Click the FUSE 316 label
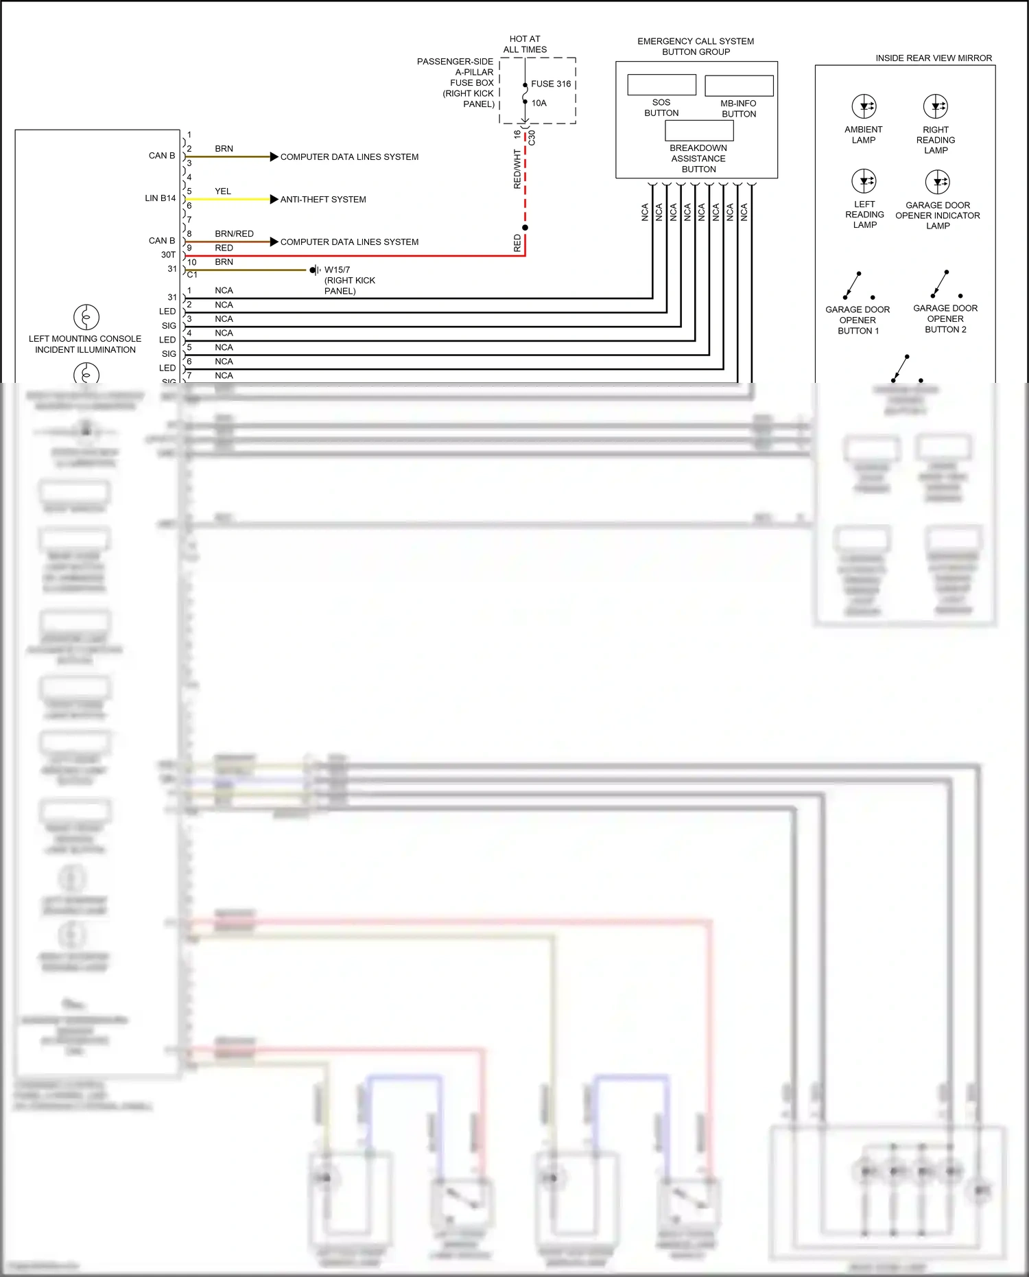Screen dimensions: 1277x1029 [550, 84]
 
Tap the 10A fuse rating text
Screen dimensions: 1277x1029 [539, 103]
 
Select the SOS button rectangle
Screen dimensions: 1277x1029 [661, 84]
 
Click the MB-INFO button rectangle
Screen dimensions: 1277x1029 [739, 86]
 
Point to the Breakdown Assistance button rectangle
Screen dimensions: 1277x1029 [699, 130]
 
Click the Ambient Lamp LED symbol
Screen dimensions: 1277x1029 [864, 106]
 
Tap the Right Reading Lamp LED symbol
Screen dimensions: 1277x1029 [936, 106]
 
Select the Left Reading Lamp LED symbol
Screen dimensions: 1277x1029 [864, 181]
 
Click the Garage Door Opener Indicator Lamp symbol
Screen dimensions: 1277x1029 [937, 182]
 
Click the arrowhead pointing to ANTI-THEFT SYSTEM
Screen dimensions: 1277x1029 [274, 199]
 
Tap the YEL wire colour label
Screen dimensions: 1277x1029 [223, 191]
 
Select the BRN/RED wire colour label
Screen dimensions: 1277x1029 [234, 234]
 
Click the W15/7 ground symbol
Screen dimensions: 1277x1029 [314, 270]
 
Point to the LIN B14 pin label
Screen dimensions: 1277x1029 [160, 198]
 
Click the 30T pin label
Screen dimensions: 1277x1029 [168, 255]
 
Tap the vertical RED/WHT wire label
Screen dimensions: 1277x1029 [517, 169]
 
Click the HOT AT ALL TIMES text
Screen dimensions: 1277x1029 [525, 44]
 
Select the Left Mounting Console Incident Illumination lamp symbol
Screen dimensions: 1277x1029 [86, 317]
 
